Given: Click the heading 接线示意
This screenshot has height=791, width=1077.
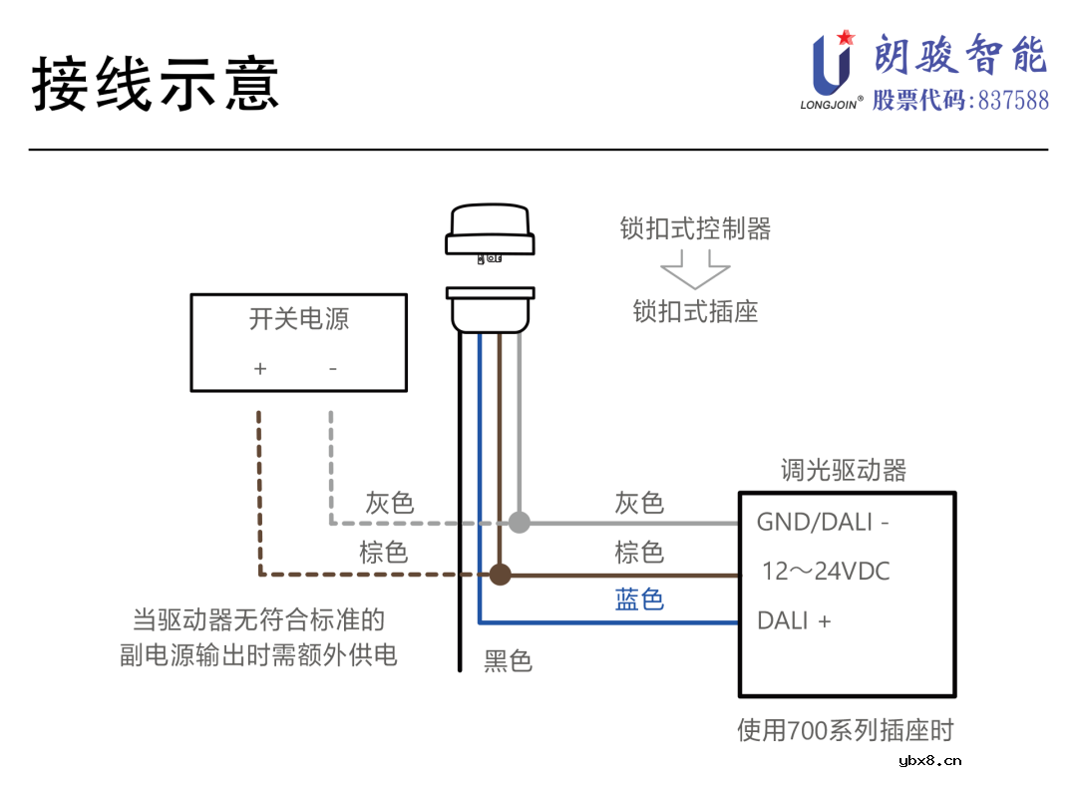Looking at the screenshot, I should [156, 83].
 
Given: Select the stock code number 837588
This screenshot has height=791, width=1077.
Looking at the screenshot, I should [1013, 101].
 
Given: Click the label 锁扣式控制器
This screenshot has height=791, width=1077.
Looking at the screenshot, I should [695, 229].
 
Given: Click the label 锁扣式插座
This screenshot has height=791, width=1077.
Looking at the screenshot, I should [695, 311].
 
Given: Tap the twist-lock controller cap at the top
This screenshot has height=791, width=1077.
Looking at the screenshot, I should [490, 229].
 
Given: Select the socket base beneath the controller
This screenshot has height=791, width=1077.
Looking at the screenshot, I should [490, 309].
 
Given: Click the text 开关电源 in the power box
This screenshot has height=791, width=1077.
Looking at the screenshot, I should [298, 319].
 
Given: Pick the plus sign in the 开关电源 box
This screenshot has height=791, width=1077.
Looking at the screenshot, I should [260, 369].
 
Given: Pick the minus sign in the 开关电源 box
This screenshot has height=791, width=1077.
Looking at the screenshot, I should [333, 369].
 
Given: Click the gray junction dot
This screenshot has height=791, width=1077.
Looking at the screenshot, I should [519, 522].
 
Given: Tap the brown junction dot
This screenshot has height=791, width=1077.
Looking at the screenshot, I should [500, 574].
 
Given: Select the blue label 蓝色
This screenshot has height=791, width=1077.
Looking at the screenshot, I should [639, 599].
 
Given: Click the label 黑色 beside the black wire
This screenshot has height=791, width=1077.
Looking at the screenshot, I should [509, 660].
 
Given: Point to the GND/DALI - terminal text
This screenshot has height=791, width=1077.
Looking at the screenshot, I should [823, 521].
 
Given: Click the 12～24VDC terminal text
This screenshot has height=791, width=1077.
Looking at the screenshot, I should [825, 572].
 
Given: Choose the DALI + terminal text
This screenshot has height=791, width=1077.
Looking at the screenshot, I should [794, 620].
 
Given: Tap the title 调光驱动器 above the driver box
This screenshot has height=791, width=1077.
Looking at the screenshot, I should [843, 471].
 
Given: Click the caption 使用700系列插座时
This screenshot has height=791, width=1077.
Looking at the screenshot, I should [845, 731].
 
